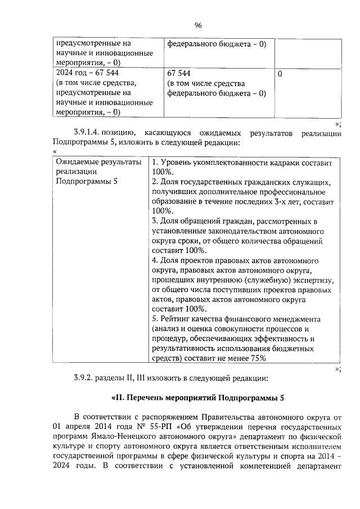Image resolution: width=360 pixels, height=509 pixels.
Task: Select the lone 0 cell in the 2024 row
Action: pos(281,73)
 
